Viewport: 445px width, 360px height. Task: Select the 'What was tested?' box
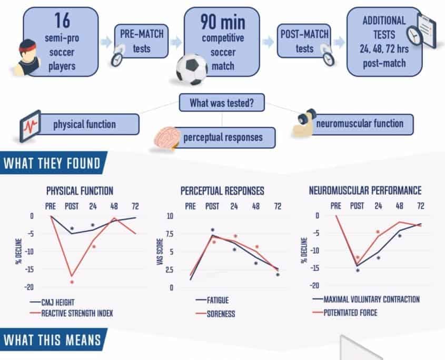[x=222, y=103]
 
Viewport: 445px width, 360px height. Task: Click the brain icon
[x=166, y=138]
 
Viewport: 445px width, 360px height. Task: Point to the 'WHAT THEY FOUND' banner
[x=52, y=163]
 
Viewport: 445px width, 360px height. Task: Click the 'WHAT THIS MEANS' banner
[x=52, y=339]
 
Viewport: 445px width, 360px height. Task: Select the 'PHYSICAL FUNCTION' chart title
[x=80, y=191]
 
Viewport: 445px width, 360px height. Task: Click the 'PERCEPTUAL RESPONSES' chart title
[x=222, y=191]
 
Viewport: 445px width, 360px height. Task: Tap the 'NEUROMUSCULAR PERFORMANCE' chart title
[x=365, y=191]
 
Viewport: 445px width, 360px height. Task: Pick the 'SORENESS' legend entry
[x=220, y=314]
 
